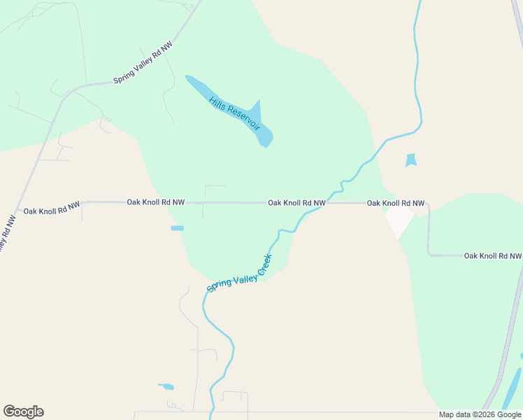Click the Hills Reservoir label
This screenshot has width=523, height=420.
(234, 112)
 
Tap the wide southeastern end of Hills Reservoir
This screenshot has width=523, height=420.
(264, 138)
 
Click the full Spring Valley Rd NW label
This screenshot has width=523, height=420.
(143, 63)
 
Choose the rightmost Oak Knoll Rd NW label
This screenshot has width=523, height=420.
(494, 255)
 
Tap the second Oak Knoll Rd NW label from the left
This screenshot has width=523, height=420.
(155, 202)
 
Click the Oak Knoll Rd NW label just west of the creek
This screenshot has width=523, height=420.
(296, 203)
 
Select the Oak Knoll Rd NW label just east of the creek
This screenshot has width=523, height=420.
(396, 203)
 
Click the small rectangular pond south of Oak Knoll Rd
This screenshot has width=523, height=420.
(177, 228)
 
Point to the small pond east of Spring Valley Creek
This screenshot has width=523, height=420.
(410, 160)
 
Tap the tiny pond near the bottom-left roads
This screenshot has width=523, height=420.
(166, 386)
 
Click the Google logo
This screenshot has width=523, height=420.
(23, 412)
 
